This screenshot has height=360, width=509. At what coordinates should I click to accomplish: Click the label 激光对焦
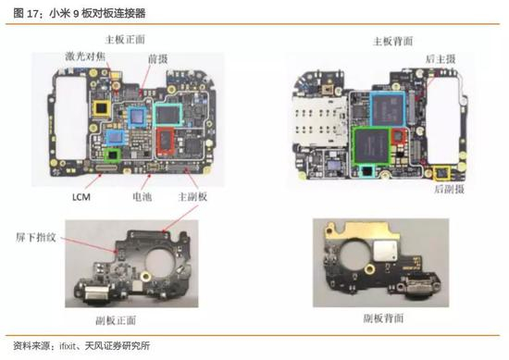[85, 56]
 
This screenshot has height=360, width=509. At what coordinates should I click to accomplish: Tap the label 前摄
[157, 59]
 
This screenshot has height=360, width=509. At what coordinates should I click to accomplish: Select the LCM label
[81, 197]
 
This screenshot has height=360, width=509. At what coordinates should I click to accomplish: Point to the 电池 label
[143, 196]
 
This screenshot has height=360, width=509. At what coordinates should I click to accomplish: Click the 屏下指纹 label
[36, 237]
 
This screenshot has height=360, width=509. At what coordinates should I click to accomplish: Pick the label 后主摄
[441, 59]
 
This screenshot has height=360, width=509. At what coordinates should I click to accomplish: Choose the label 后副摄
[450, 189]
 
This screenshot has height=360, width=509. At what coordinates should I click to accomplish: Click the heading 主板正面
[125, 40]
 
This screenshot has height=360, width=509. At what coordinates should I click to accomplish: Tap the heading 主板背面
[393, 42]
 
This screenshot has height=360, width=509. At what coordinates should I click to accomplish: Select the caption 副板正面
[116, 320]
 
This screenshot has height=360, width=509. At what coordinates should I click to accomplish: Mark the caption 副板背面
[383, 318]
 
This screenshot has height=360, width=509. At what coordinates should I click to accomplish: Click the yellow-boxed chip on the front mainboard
[102, 108]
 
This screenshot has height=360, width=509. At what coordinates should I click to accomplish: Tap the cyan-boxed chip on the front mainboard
[168, 114]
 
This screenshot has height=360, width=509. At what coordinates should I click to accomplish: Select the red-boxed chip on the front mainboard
[166, 142]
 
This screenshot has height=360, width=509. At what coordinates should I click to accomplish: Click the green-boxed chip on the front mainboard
[112, 155]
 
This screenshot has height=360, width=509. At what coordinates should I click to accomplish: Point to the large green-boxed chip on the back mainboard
[372, 144]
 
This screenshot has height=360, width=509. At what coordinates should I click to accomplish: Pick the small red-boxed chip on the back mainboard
[399, 136]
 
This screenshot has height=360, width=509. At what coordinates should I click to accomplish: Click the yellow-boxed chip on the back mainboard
[441, 173]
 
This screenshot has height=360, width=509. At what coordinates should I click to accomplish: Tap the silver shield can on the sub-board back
[385, 251]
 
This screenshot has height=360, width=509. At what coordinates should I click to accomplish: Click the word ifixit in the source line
[68, 346]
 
